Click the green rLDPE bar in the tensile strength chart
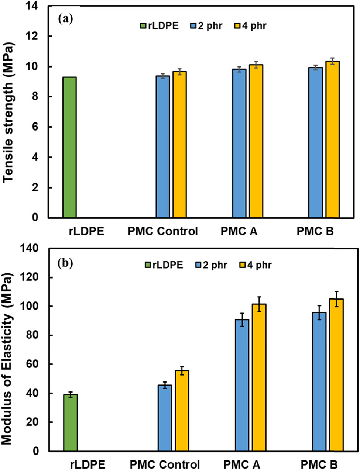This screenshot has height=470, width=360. click(69, 147)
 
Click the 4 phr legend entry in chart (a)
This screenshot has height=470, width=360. click(251, 26)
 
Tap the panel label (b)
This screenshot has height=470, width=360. click(65, 263)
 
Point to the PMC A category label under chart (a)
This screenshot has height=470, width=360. click(239, 232)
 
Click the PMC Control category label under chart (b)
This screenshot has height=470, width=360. click(165, 464)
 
